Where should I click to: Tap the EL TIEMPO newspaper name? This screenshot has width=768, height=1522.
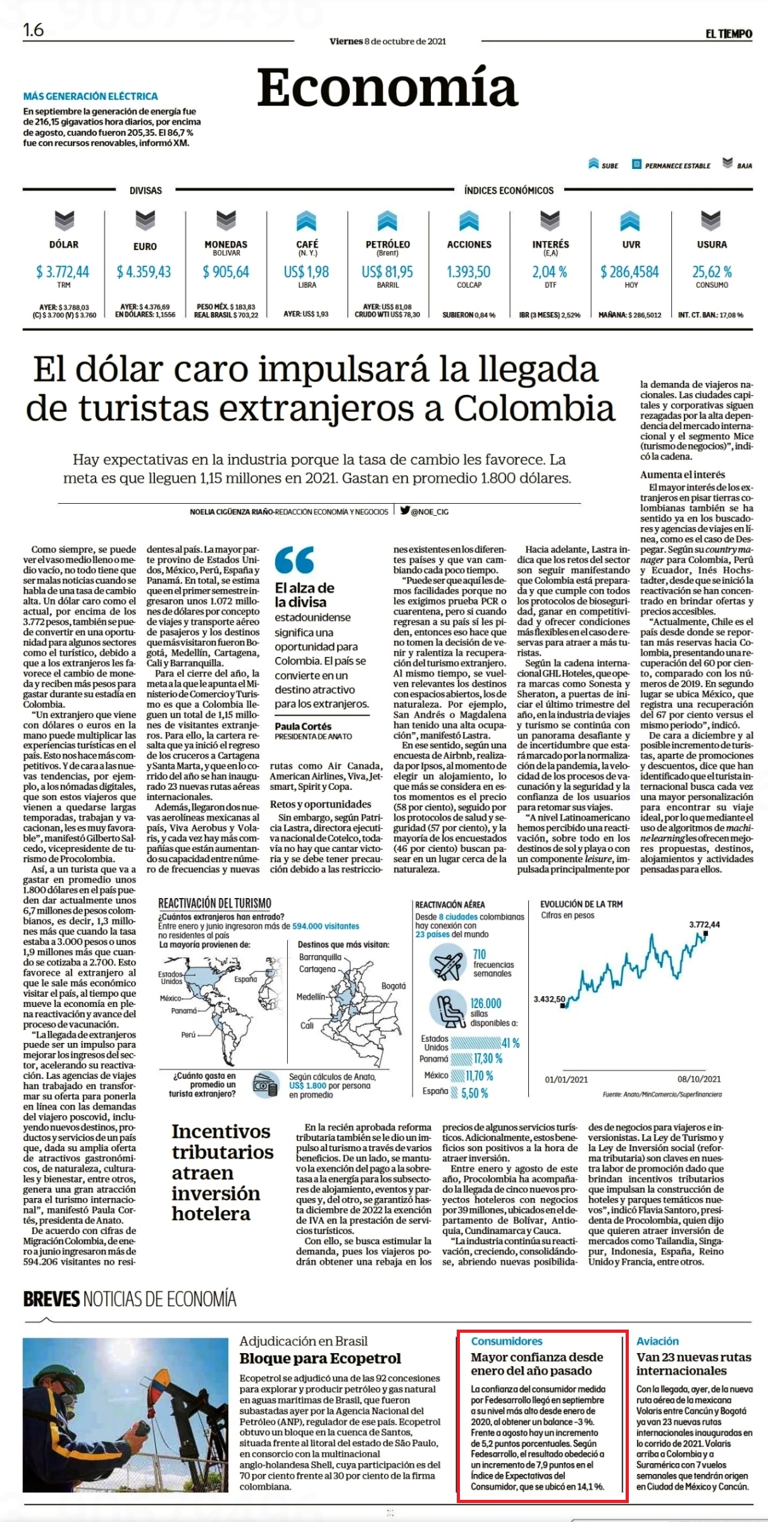729,34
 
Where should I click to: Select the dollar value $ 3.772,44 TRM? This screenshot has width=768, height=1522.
63,272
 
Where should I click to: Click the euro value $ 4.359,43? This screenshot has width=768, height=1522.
144,272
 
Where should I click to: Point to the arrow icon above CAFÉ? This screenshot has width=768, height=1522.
307,221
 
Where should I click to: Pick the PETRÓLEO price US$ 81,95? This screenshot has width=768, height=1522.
387,272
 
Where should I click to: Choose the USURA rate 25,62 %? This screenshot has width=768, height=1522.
712,272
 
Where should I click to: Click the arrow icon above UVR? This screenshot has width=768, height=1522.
630,221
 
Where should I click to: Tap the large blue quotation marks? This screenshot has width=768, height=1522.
295,559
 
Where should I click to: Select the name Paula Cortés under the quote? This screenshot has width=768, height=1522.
303,727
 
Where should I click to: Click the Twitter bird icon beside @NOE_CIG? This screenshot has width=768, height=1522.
405,510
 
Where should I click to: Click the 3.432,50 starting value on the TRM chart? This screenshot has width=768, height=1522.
549,999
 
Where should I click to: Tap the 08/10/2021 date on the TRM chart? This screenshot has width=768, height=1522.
699,1079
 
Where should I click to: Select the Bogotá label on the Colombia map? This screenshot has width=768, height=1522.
393,986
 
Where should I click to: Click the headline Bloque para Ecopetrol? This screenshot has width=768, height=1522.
320,1358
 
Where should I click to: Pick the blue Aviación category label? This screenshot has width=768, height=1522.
657,1341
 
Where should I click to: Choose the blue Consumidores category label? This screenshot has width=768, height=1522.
507,1341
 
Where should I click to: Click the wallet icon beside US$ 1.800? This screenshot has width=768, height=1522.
264,1085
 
